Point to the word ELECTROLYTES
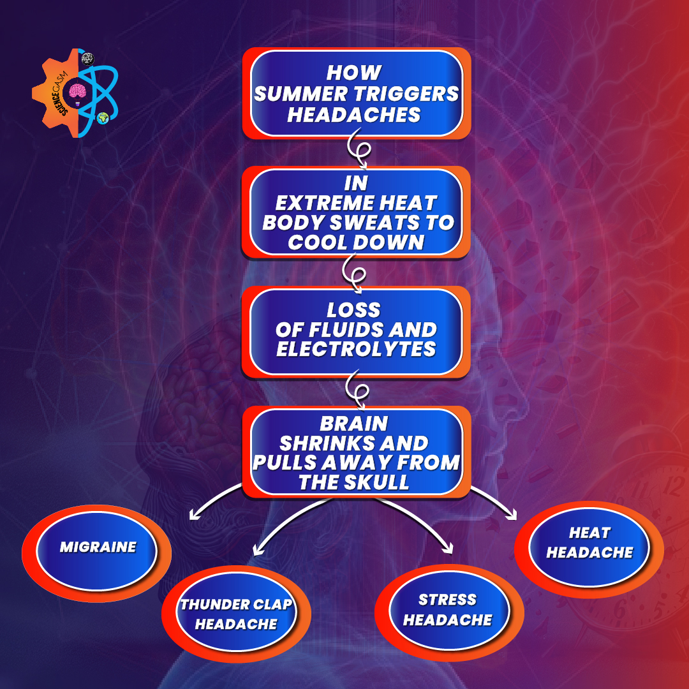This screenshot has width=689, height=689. [357, 350]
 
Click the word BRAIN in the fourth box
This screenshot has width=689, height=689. [354, 424]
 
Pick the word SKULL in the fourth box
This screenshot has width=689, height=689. [377, 482]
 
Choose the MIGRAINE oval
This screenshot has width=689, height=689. [98, 547]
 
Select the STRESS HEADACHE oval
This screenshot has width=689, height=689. [448, 610]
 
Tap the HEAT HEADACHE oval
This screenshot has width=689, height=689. [589, 543]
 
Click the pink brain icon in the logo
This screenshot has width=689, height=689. [78, 93]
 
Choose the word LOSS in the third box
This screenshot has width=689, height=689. [353, 310]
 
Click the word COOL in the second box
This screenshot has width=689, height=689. [318, 242]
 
